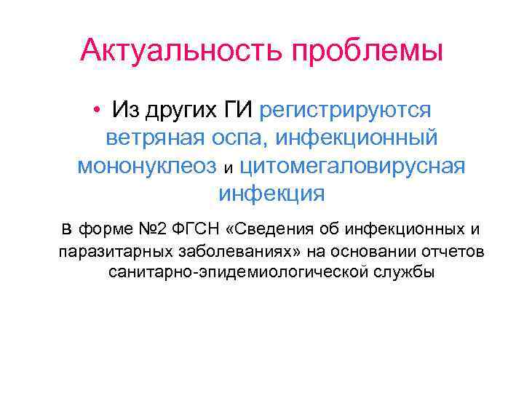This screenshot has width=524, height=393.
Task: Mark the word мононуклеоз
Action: pos(148,166)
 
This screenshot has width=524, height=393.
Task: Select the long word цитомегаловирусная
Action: pos(351,166)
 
